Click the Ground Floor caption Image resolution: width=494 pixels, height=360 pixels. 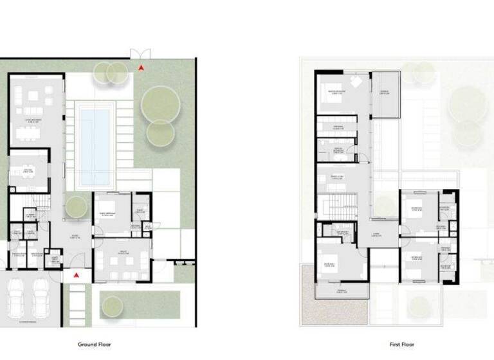(96, 345)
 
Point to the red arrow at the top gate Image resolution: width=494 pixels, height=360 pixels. (141, 67)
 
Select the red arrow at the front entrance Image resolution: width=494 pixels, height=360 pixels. (77, 274)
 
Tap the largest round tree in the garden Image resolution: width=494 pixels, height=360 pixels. (160, 103)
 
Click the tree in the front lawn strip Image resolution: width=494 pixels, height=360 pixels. (113, 303)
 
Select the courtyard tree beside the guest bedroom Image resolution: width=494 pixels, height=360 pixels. (76, 207)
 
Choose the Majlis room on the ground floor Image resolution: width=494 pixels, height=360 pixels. (122, 260)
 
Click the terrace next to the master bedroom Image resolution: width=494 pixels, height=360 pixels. (386, 95)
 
